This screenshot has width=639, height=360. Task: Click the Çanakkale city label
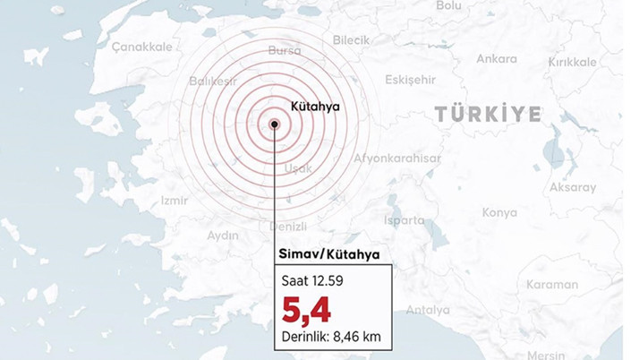[x=142, y=47]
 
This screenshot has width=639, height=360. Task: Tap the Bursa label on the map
[x=285, y=50]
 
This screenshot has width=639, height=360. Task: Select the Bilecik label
[x=351, y=40]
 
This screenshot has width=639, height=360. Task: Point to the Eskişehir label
[x=410, y=80]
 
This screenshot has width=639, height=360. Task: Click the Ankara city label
[x=496, y=59]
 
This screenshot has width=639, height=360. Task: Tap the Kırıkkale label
[x=572, y=62]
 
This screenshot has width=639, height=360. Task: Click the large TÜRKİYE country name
[x=488, y=114]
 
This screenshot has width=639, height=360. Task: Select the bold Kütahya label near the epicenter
[x=316, y=106]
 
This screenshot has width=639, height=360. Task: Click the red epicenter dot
[x=275, y=125]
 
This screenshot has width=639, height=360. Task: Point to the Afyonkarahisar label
[x=397, y=159]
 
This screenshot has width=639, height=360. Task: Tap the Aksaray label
[x=572, y=187]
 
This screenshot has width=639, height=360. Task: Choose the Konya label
[x=499, y=212]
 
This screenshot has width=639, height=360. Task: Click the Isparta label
[x=405, y=219]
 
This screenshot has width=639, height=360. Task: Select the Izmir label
[x=174, y=201]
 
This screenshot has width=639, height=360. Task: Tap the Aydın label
[x=223, y=236]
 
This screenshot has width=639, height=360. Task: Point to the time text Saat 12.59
[x=313, y=282]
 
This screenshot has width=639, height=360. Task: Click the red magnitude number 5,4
[x=306, y=310]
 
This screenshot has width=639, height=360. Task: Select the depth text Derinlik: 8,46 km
[x=331, y=338]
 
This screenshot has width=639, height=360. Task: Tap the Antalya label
[x=428, y=310]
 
